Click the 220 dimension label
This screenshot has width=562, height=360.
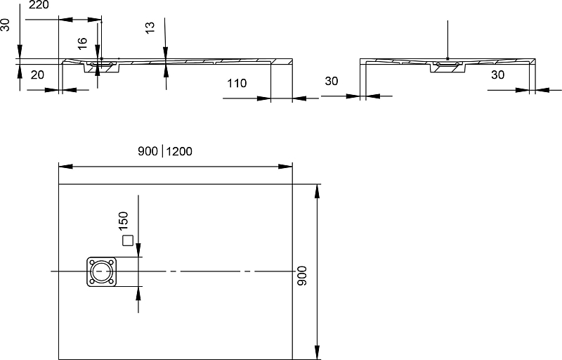tap(39, 5)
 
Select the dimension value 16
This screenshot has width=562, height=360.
tap(82, 44)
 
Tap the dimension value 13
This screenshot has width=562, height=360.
tap(150, 27)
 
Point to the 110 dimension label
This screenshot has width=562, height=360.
tap(237, 83)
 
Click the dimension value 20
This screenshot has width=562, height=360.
tap(37, 75)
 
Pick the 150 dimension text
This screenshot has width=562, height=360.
tap(123, 221)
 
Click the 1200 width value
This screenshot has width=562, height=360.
tap(179, 151)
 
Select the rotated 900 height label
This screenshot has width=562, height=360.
tap(303, 276)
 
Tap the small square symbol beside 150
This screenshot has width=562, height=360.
tap(128, 240)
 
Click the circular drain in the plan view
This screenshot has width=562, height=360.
tap(101, 271)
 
